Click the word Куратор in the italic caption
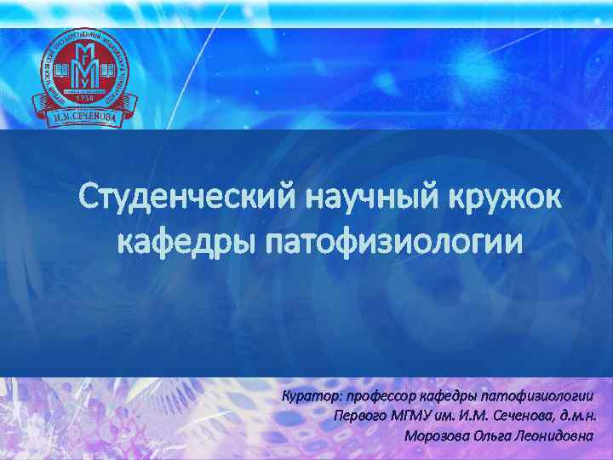coord(309,398)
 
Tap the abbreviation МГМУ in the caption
coord(413,417)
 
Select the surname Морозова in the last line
coord(437,435)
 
